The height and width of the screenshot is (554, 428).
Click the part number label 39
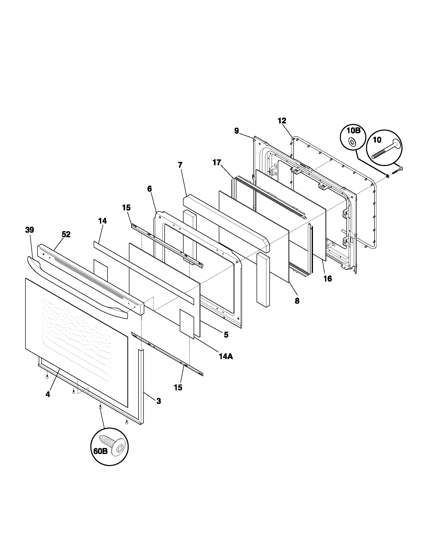(x=29, y=230)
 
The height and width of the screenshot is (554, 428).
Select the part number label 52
(x=66, y=235)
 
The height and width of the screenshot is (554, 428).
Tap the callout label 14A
(x=226, y=356)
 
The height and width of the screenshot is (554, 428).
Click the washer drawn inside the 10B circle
(x=352, y=142)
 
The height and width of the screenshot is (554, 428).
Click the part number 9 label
(x=237, y=131)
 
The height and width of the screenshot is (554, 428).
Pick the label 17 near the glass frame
(x=217, y=162)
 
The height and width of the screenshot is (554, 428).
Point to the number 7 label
(x=180, y=165)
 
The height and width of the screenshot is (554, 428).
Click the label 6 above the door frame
(x=150, y=189)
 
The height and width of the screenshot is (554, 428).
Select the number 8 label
(x=297, y=301)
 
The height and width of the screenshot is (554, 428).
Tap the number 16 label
(x=328, y=279)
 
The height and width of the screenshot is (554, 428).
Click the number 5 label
(x=226, y=335)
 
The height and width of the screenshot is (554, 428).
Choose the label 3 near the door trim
(x=158, y=401)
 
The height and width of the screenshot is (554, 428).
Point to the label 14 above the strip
(x=102, y=221)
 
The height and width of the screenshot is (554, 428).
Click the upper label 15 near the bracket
(x=126, y=208)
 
